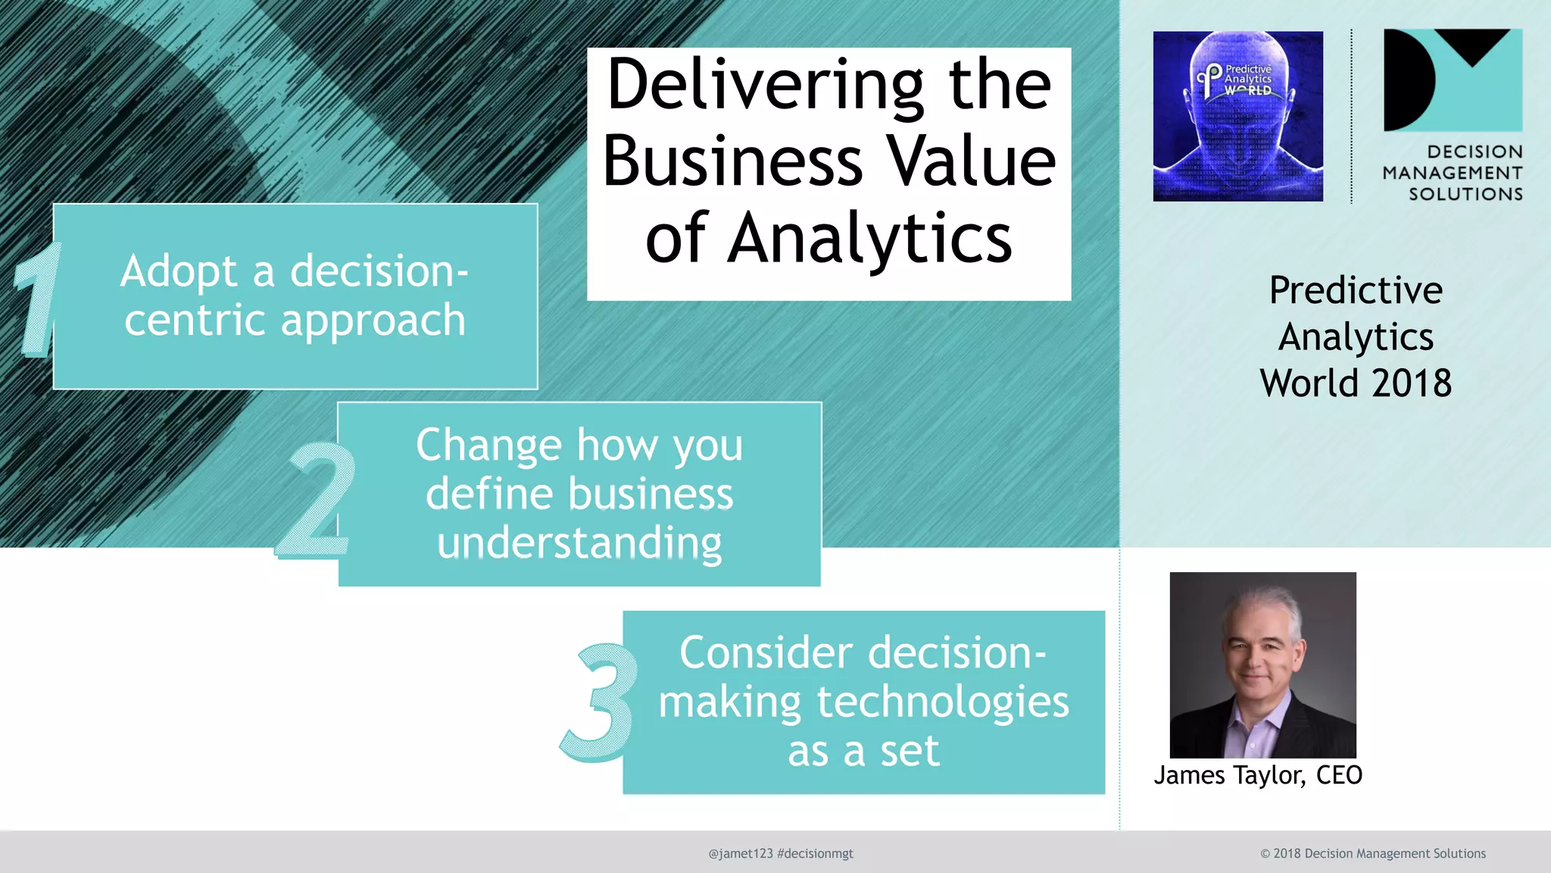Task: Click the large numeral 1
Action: [36, 299]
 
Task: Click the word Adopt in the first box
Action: [179, 271]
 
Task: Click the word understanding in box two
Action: [579, 543]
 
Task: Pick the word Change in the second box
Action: [488, 445]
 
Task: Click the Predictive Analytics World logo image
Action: [1237, 116]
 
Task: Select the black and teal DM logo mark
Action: [1452, 80]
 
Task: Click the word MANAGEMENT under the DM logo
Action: [1452, 174]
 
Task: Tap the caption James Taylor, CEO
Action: [1257, 775]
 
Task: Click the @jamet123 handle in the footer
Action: [740, 853]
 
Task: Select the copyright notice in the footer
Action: [1372, 853]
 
